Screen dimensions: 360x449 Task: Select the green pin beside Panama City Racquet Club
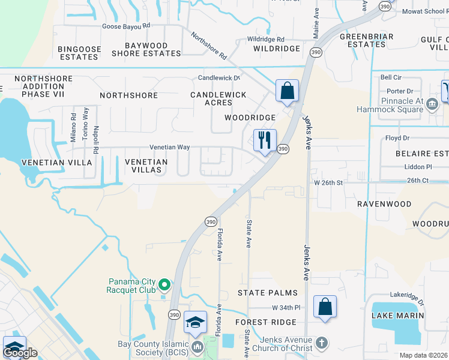[164, 286]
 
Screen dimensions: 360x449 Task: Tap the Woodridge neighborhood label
[250, 118]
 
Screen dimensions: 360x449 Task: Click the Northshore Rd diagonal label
[209, 46]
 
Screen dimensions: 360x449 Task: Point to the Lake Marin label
[397, 315]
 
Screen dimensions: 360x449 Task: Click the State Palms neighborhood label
[267, 293]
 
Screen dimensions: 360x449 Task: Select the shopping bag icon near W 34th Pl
[325, 307]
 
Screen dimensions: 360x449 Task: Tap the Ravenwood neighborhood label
[384, 204]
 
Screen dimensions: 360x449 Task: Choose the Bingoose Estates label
[78, 52]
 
